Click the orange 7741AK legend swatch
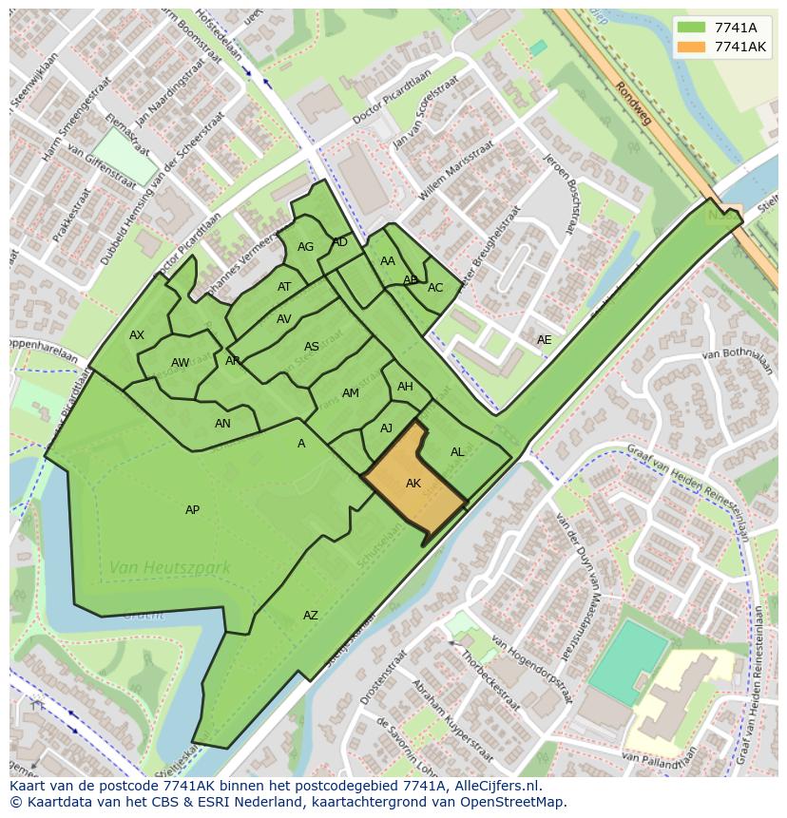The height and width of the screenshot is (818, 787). coord(693,47)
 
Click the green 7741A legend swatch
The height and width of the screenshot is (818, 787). coord(693,28)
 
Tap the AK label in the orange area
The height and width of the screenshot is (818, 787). coord(413,484)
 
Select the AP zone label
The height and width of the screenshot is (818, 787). coord(192,510)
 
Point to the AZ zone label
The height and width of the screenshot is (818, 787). coord(311,616)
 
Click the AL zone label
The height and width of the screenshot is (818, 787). coord(457,452)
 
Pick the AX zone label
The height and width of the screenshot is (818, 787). coord(137,335)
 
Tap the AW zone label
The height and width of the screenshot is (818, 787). coord(180,363)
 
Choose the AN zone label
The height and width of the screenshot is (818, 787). coord(222,424)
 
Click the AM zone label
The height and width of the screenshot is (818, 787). coord(350,393)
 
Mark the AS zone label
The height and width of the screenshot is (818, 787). coord(312,347)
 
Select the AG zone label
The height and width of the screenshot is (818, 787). coord(305,247)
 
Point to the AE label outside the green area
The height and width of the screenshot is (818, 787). coord(544,339)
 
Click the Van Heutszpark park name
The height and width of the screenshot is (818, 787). coord(169,568)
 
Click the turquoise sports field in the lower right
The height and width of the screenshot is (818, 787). coord(628,662)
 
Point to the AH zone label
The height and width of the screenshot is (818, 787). coord(405,387)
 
